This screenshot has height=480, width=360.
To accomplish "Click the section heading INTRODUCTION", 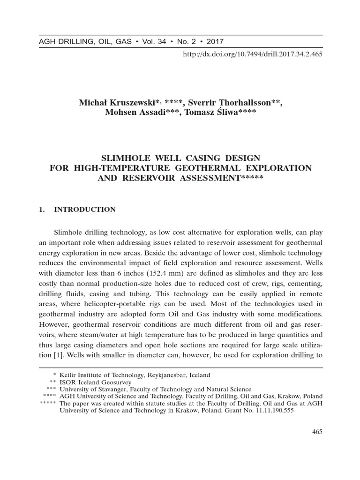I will point(85,210).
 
